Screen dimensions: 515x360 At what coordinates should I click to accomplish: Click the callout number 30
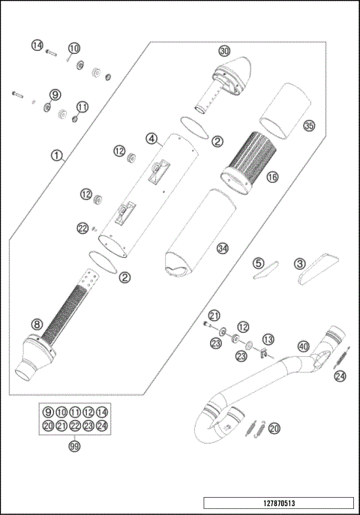coord(223,51)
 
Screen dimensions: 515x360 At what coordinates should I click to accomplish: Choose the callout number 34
coord(220,248)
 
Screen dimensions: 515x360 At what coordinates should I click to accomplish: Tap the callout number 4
coord(151,139)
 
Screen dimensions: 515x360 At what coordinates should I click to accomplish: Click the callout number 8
coord(36,324)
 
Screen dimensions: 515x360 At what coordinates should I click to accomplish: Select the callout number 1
coord(56,156)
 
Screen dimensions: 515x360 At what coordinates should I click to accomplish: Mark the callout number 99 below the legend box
coord(74,446)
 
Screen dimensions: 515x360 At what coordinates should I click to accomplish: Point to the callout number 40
coord(303,346)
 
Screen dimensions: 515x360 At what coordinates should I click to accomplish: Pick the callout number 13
coord(268,340)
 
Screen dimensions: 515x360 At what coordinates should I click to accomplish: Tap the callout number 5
coord(258,263)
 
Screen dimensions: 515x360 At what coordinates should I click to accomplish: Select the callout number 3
coord(300,263)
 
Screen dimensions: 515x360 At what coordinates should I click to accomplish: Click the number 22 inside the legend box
coord(74,425)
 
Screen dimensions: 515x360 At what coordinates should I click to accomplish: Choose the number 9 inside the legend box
coord(48,412)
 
